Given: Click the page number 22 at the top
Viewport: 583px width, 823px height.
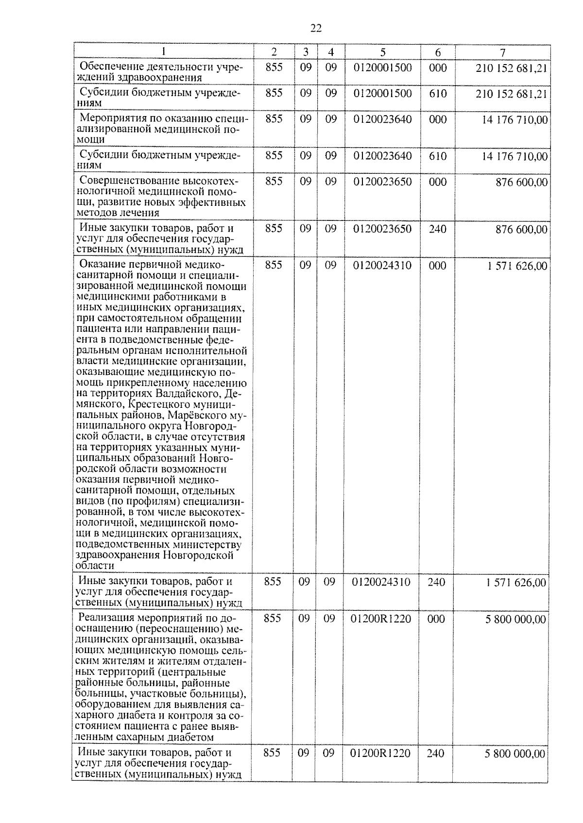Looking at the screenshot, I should tap(316, 29).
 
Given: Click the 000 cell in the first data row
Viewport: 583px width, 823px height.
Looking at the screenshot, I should tap(438, 67).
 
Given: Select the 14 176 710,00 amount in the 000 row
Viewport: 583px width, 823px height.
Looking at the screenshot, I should tap(514, 119).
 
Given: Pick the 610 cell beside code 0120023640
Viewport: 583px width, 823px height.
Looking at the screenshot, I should tap(438, 156).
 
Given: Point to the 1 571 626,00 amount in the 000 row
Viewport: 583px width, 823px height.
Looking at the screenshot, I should tap(516, 266).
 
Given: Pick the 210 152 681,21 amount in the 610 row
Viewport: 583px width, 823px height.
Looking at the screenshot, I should tap(512, 94).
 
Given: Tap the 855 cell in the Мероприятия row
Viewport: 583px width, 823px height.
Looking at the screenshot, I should tap(274, 119).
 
